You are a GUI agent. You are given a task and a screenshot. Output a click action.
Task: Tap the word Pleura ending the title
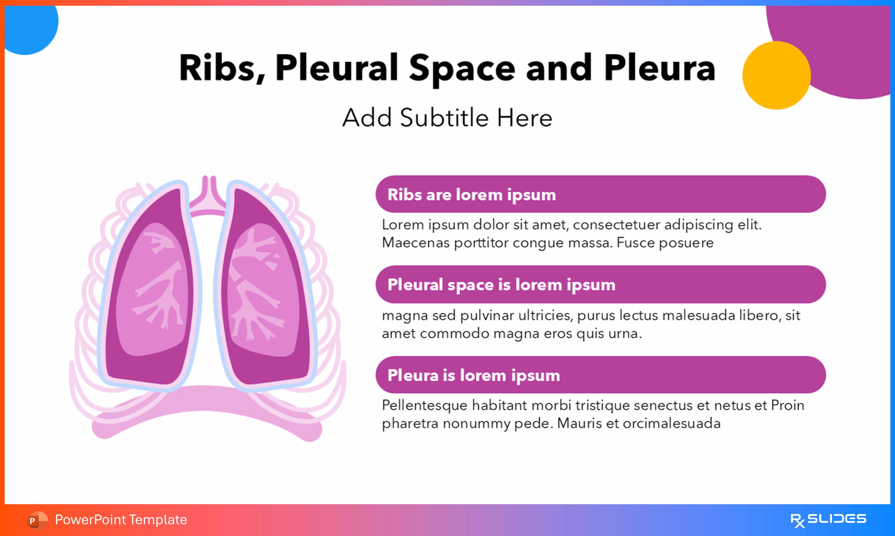click(659, 68)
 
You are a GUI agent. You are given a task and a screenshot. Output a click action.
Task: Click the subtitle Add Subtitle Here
click(447, 118)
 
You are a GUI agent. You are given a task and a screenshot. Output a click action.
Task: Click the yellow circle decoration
click(776, 75)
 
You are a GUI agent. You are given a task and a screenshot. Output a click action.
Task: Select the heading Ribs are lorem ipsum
click(471, 195)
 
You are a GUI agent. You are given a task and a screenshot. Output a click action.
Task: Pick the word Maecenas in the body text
click(415, 243)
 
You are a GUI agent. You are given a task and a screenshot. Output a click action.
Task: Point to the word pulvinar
click(487, 315)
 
